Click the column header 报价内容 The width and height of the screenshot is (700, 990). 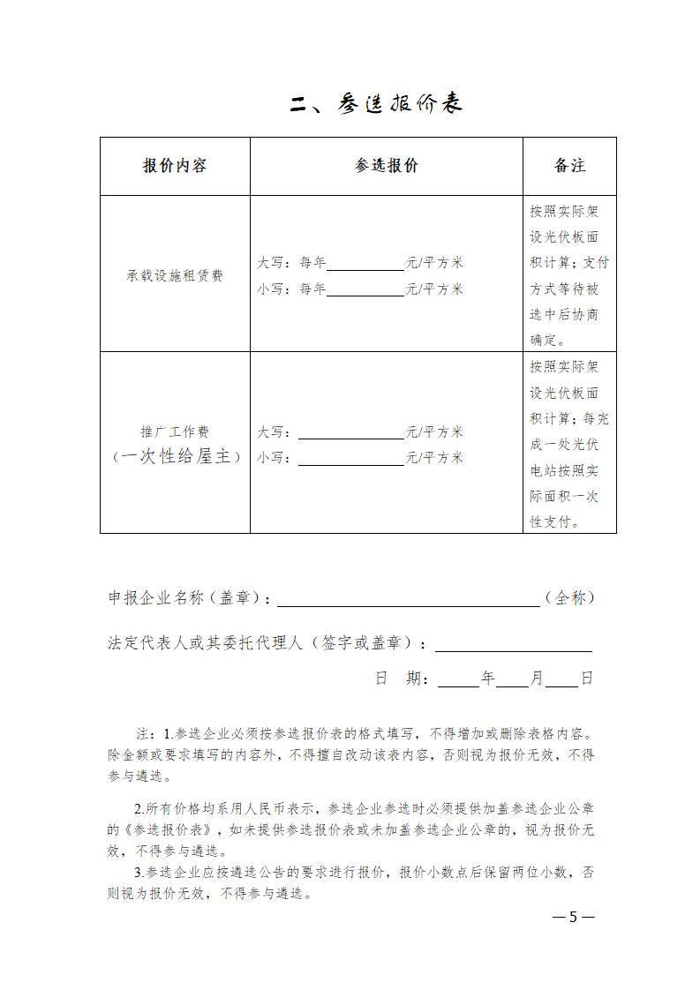[x=175, y=166]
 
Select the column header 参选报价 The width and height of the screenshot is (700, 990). [x=387, y=166]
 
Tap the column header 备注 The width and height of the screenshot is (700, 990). [x=569, y=166]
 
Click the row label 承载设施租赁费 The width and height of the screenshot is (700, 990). [x=175, y=275]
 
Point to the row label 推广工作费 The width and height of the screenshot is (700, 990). [x=175, y=432]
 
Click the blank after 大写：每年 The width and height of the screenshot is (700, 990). [x=365, y=264]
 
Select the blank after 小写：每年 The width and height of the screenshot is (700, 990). [x=365, y=290]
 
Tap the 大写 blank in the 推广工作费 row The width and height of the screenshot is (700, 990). [x=350, y=433]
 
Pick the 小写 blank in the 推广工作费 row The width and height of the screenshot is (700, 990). [x=350, y=460]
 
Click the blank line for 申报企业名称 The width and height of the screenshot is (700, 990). [x=408, y=600]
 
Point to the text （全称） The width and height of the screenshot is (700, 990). [x=569, y=598]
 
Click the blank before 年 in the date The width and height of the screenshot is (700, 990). [x=457, y=680]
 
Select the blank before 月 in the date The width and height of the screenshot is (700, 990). [x=512, y=680]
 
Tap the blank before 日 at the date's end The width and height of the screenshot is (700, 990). [x=561, y=680]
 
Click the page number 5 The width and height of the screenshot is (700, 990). [x=573, y=917]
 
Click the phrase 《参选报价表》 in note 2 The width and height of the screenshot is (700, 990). [x=166, y=829]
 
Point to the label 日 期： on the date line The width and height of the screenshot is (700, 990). [x=402, y=679]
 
